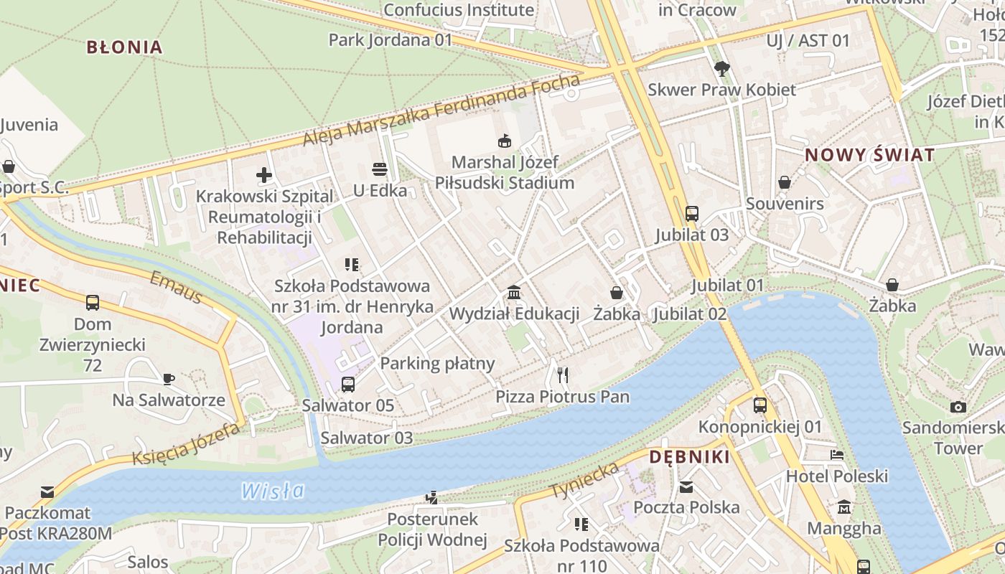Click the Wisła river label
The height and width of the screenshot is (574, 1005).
272,491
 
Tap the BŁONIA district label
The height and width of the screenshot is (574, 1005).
124,47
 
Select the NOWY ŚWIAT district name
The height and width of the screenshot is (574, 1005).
869,155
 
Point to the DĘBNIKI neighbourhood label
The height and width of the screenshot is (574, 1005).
689,457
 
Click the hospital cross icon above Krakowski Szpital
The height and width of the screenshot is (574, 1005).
264,174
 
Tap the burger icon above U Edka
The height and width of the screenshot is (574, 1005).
380,169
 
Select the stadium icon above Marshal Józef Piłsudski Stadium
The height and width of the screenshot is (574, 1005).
505,141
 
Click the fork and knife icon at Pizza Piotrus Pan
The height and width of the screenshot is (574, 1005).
562,375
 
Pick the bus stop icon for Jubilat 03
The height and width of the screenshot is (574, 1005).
691,213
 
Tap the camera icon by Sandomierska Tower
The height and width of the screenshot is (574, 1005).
958,407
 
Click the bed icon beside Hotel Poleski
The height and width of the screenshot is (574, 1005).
836,454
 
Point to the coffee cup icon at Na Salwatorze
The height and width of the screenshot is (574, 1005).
168,378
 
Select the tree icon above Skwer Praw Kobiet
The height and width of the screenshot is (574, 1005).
721,68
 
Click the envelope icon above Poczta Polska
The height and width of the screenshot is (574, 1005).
686,486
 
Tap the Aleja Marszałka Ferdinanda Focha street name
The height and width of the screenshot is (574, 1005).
441,109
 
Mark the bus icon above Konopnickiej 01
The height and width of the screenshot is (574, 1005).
760,405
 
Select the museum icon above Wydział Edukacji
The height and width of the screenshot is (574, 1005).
514,292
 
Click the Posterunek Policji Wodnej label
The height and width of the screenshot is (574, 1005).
432,530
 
